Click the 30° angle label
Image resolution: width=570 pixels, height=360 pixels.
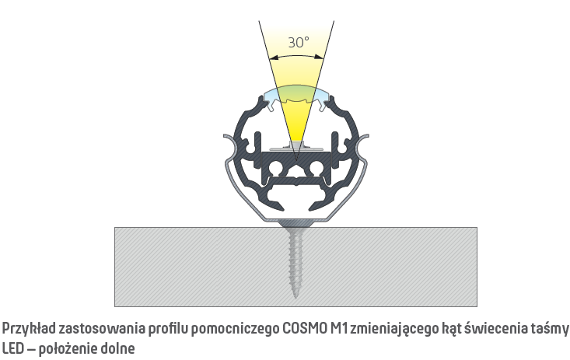pos(299,43)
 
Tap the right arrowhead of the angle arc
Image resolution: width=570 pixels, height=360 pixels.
pos(319,57)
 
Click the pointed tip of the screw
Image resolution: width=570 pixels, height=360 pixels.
pos(296,298)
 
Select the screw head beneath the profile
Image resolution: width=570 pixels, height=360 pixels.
pos(296,224)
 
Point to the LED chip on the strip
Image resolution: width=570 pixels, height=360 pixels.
pos(296,145)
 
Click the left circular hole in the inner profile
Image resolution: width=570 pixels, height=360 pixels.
pos(275,168)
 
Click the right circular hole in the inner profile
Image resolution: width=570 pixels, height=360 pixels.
pos(316,168)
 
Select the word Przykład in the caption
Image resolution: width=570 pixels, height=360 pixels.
pos(29,329)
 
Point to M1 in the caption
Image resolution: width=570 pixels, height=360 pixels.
pos(338,328)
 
